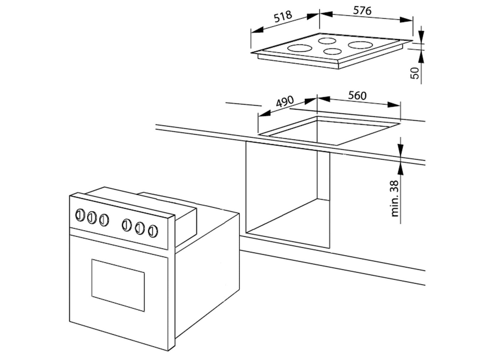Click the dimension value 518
283,16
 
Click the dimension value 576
362,11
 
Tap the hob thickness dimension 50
415,73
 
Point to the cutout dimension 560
357,96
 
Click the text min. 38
395,199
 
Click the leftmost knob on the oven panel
80,215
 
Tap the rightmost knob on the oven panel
153,231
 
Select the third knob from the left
104,220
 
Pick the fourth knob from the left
127,225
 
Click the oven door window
118,285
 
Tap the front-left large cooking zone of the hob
299,48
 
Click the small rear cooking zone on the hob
327,41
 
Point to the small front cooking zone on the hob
332,51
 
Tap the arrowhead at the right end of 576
406,20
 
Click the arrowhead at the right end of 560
394,104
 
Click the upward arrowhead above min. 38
400,169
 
